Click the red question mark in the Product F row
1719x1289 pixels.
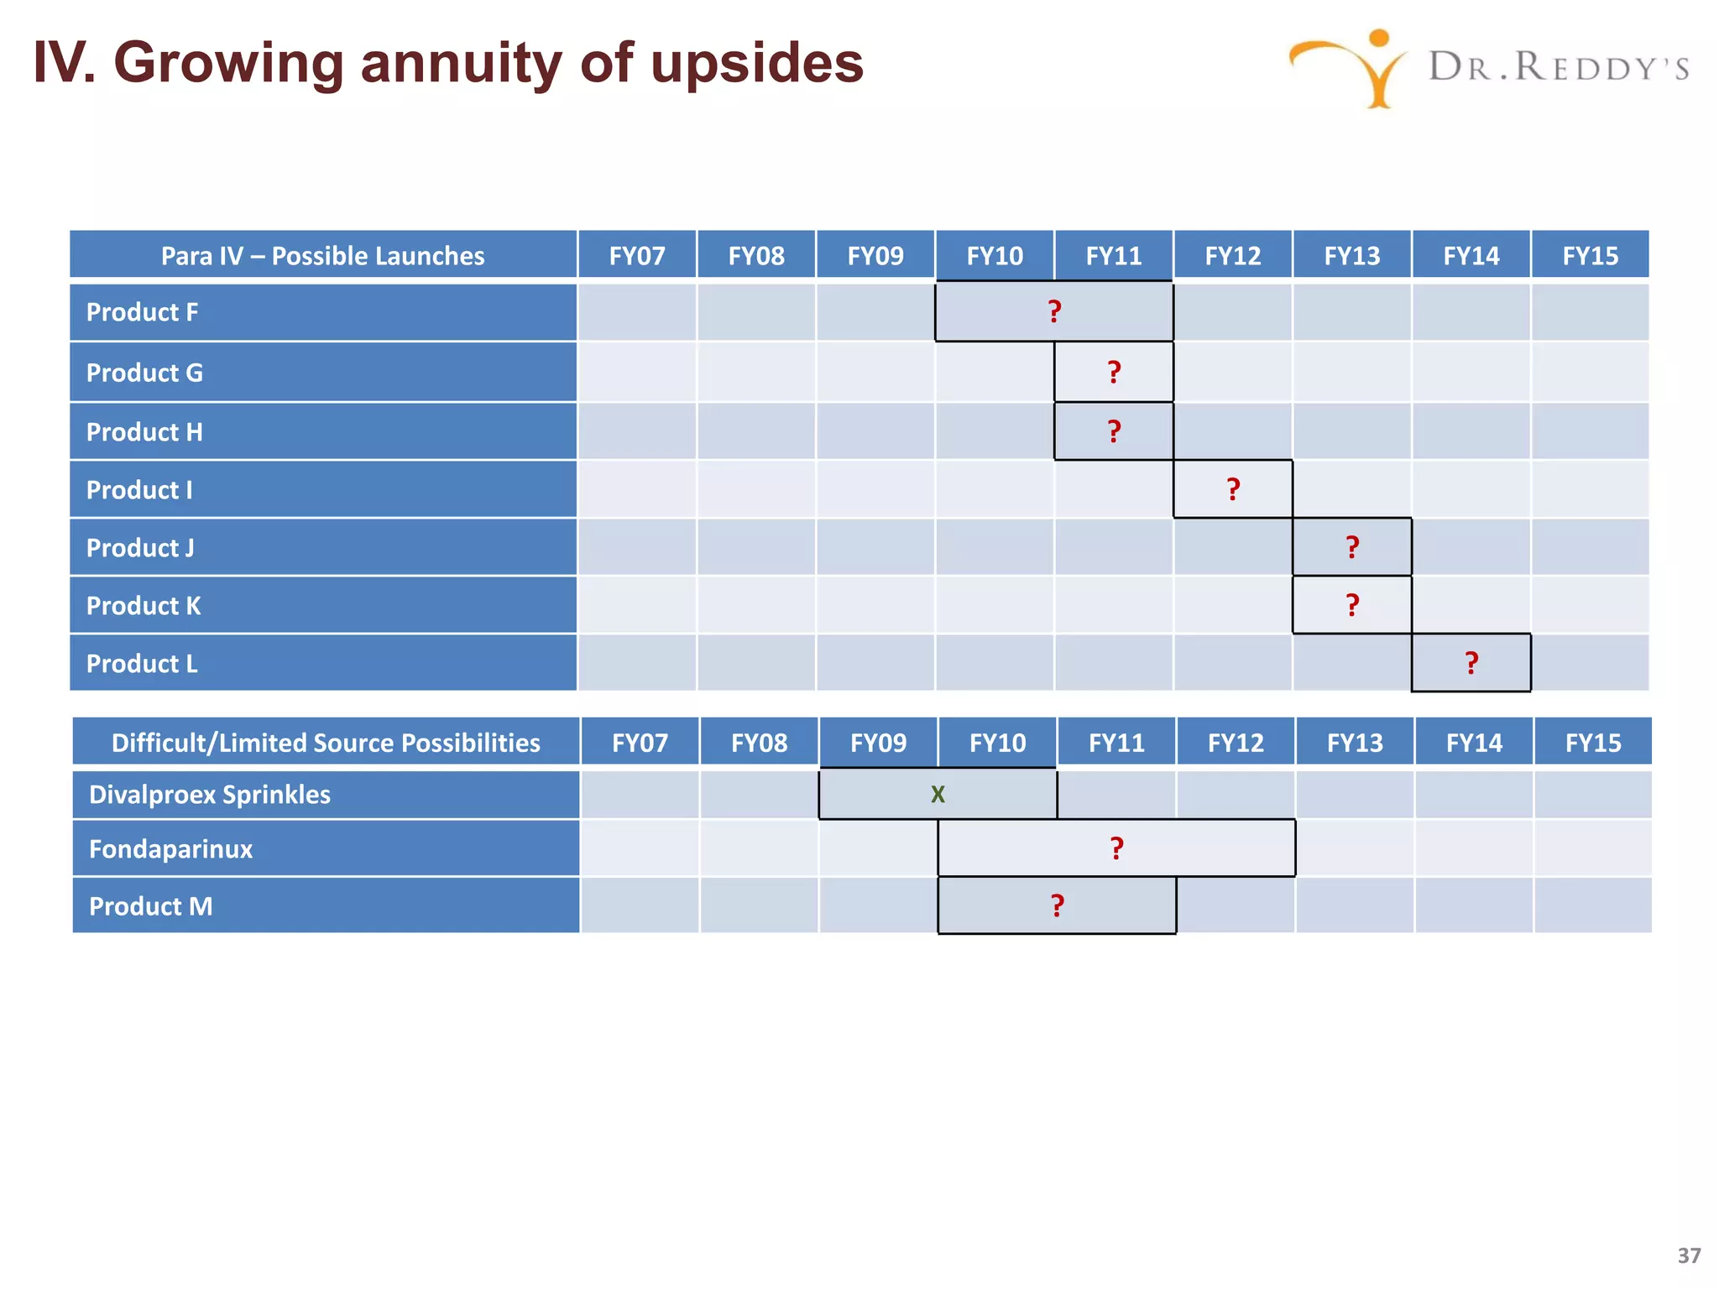point(1055,311)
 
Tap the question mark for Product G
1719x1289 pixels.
point(1114,372)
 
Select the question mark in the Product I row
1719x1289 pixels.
point(1233,489)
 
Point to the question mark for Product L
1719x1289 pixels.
point(1471,663)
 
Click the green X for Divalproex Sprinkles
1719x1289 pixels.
point(938,794)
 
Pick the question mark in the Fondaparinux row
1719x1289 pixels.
point(1116,848)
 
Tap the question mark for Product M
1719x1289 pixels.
point(1058,905)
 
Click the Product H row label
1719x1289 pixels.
point(144,432)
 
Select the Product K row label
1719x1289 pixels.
point(144,606)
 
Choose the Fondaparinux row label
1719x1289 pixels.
point(170,849)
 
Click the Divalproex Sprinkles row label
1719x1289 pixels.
point(210,795)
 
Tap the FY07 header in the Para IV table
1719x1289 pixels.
point(637,255)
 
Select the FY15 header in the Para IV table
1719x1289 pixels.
point(1590,255)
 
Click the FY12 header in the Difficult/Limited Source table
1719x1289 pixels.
point(1236,743)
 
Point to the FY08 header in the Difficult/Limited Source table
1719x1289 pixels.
point(759,743)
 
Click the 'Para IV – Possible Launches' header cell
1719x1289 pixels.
point(322,255)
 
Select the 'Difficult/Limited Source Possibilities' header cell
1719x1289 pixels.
point(326,743)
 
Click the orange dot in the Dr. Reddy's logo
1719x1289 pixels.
point(1378,39)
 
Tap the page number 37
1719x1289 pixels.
point(1689,1255)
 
